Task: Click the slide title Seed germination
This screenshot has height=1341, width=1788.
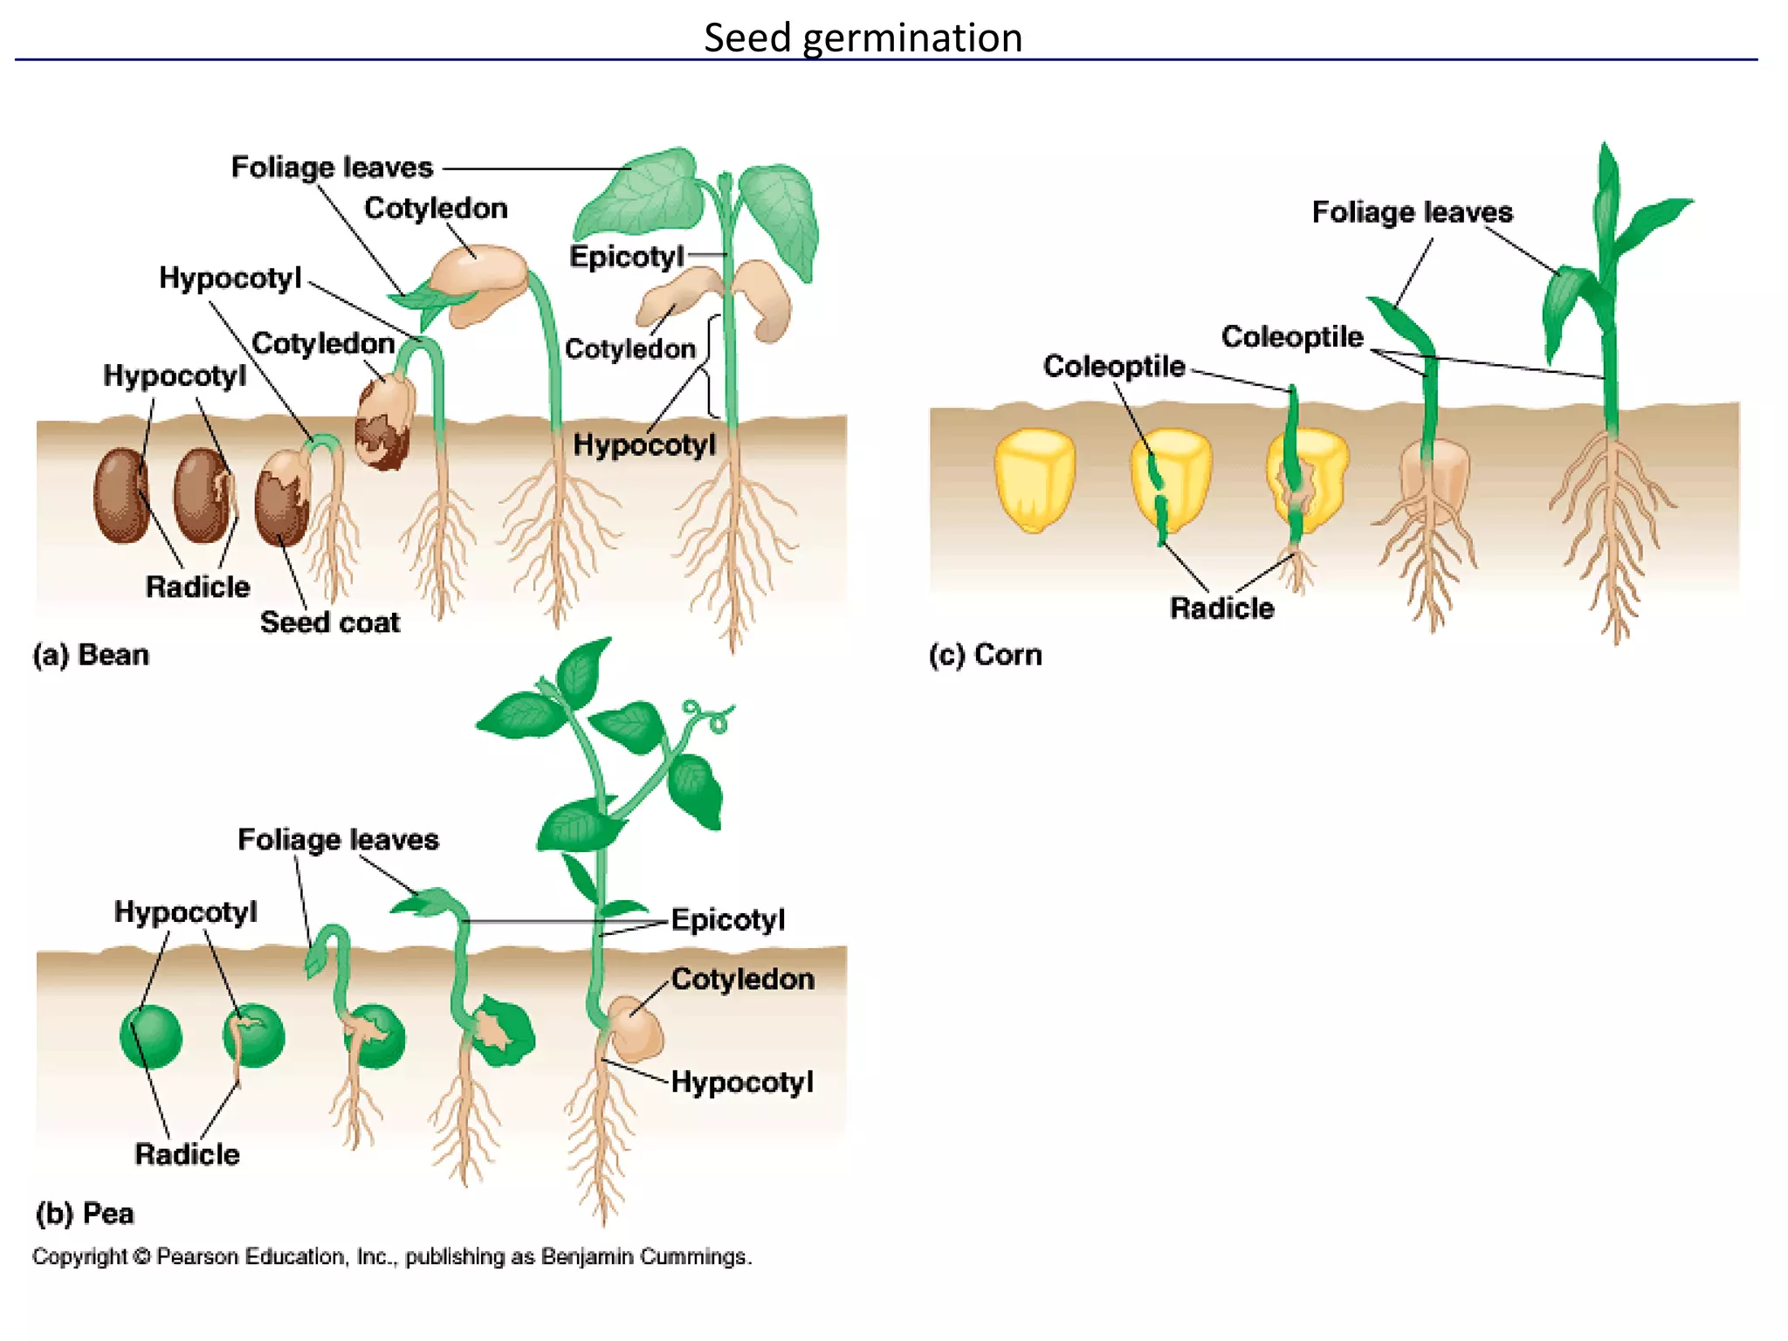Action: pos(863,38)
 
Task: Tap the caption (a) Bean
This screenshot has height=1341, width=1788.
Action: pos(91,655)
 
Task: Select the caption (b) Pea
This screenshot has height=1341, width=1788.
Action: pos(85,1214)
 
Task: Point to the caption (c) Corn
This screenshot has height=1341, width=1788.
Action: pos(985,655)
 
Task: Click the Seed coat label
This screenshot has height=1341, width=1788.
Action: pos(329,622)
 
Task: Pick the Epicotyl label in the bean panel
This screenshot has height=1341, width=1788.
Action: pos(626,257)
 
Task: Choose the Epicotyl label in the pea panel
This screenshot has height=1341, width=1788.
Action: pos(727,919)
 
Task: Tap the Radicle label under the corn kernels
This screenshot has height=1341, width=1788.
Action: pos(1221,608)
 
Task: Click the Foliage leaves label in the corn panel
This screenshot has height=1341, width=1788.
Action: pos(1412,212)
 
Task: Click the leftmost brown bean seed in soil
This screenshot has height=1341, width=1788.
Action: pos(121,495)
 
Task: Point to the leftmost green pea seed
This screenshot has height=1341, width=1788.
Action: pos(151,1036)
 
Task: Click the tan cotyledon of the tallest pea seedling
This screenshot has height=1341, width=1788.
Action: pos(637,1030)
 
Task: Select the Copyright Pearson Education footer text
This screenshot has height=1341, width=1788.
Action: pos(391,1257)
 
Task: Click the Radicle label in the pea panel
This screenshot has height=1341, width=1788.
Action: pos(187,1154)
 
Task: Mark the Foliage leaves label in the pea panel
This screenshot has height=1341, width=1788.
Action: pos(338,840)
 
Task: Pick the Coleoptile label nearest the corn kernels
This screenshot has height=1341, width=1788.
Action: pos(1114,366)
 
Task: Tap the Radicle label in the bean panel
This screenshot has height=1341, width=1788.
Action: pos(197,587)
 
